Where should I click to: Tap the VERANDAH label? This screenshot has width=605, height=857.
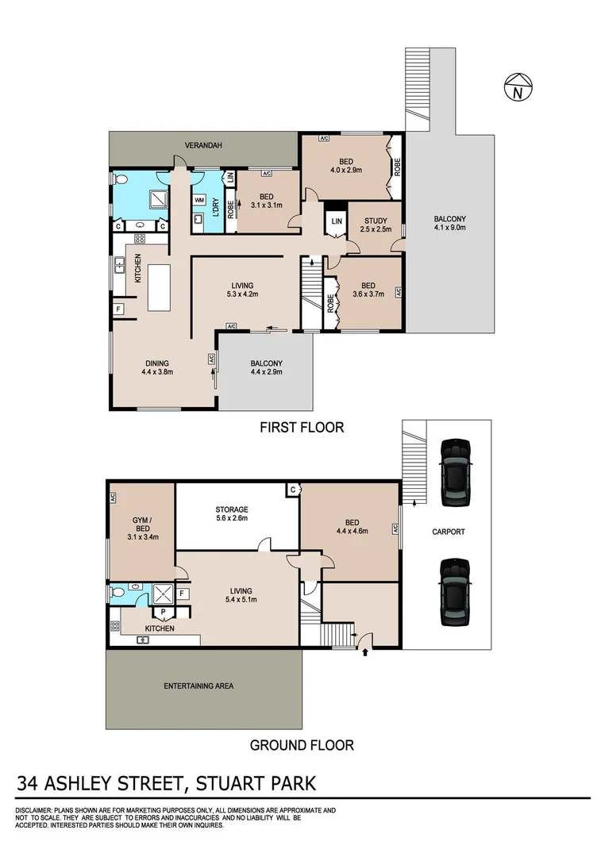coord(202,146)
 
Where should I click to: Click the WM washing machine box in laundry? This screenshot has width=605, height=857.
coord(199,200)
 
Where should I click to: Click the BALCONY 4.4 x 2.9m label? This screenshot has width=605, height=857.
coord(266,368)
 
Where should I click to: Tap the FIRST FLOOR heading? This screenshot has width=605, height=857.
coord(302,428)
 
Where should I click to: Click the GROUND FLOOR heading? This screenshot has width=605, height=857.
coord(302,745)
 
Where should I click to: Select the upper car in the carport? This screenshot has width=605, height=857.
coord(456,473)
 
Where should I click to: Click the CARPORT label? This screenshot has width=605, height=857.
coord(449,532)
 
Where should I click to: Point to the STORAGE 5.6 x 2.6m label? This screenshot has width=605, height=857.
coord(232,513)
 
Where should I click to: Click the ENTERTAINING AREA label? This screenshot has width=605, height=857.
coord(198,686)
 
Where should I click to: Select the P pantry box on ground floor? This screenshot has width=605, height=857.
coord(164,612)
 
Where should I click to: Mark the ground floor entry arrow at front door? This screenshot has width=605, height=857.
coord(365,653)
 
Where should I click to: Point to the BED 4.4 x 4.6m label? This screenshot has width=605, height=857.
coord(352,526)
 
